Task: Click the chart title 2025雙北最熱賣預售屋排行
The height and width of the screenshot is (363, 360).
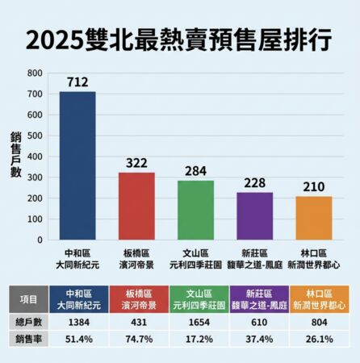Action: click(180, 40)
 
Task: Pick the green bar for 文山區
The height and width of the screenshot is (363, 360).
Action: click(195, 210)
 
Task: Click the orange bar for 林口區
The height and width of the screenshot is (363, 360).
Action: click(313, 218)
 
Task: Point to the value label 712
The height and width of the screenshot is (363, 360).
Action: click(77, 81)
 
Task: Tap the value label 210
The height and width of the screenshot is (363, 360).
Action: click(313, 186)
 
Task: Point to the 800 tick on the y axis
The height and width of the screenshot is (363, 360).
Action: click(34, 73)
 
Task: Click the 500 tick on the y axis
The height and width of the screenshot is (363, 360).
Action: click(34, 136)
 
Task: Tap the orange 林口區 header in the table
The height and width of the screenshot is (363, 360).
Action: click(319, 298)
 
